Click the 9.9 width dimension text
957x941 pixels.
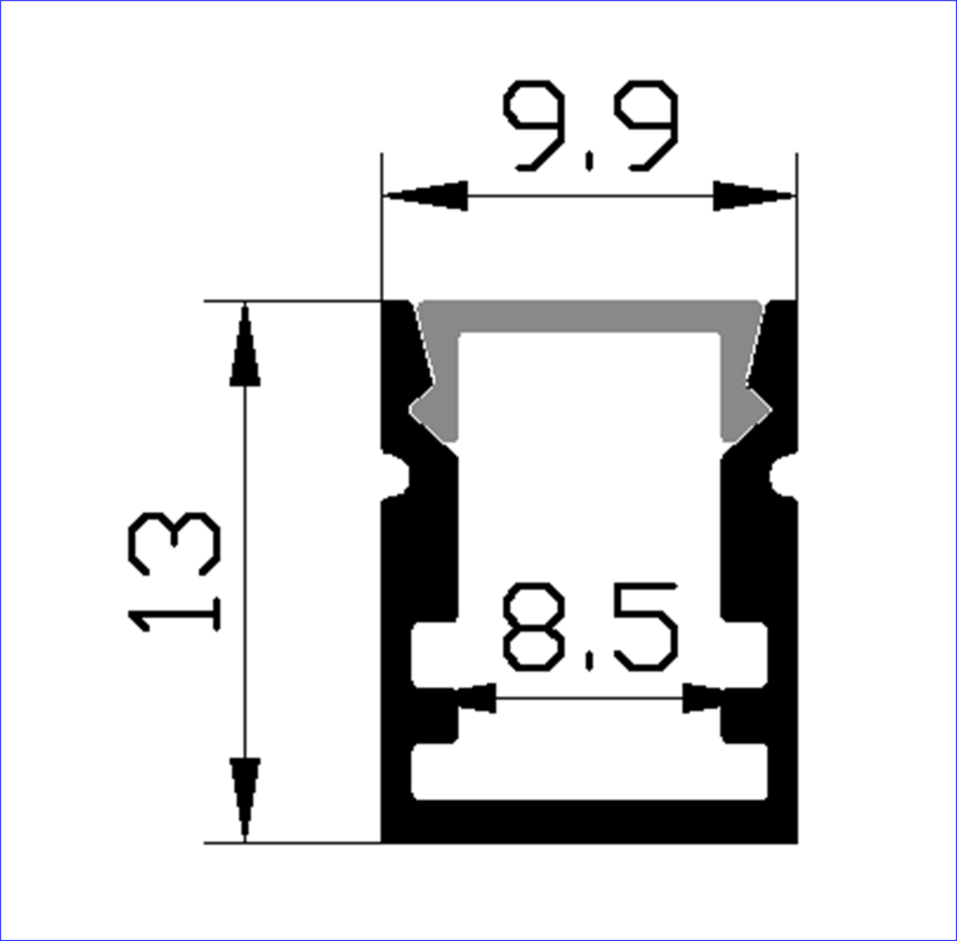coord(591,126)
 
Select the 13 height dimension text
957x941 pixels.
coord(174,572)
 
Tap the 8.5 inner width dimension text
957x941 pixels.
coord(590,627)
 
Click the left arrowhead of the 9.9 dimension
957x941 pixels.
coord(425,196)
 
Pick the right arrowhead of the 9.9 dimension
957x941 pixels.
coord(754,196)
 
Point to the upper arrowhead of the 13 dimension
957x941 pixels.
coord(245,345)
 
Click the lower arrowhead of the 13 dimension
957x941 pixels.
coord(245,799)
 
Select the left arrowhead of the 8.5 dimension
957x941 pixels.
coord(476,698)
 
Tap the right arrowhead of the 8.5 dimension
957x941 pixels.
coord(702,698)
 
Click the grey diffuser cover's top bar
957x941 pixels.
coord(590,316)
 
